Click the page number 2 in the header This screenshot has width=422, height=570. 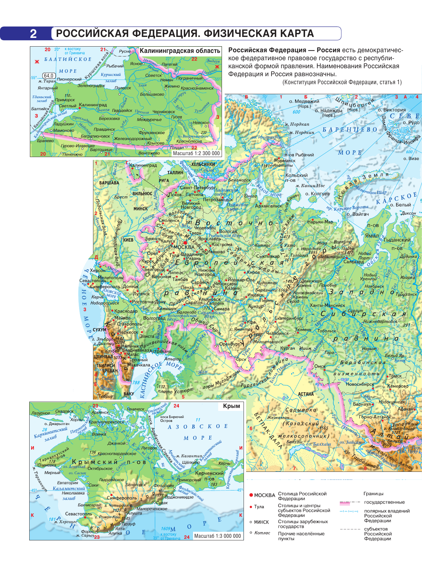33,34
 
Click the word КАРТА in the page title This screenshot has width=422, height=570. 292,34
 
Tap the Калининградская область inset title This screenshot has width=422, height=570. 180,51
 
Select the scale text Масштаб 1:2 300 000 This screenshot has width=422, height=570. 196,153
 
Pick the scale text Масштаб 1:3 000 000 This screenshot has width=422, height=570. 217,536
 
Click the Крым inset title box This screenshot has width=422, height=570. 231,406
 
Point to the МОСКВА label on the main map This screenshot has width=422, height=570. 184,247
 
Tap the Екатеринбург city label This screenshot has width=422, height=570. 289,318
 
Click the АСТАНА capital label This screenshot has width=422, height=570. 306,394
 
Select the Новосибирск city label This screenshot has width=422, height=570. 360,384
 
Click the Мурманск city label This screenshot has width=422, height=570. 284,161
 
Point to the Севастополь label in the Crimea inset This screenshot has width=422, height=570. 78,514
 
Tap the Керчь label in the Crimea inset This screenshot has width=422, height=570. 224,463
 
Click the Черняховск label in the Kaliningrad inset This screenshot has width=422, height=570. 163,112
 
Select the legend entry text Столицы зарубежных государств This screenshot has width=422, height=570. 303,524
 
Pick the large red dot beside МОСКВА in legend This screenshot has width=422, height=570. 251,495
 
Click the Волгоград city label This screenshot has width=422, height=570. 154,318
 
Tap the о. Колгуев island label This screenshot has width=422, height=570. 317,194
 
